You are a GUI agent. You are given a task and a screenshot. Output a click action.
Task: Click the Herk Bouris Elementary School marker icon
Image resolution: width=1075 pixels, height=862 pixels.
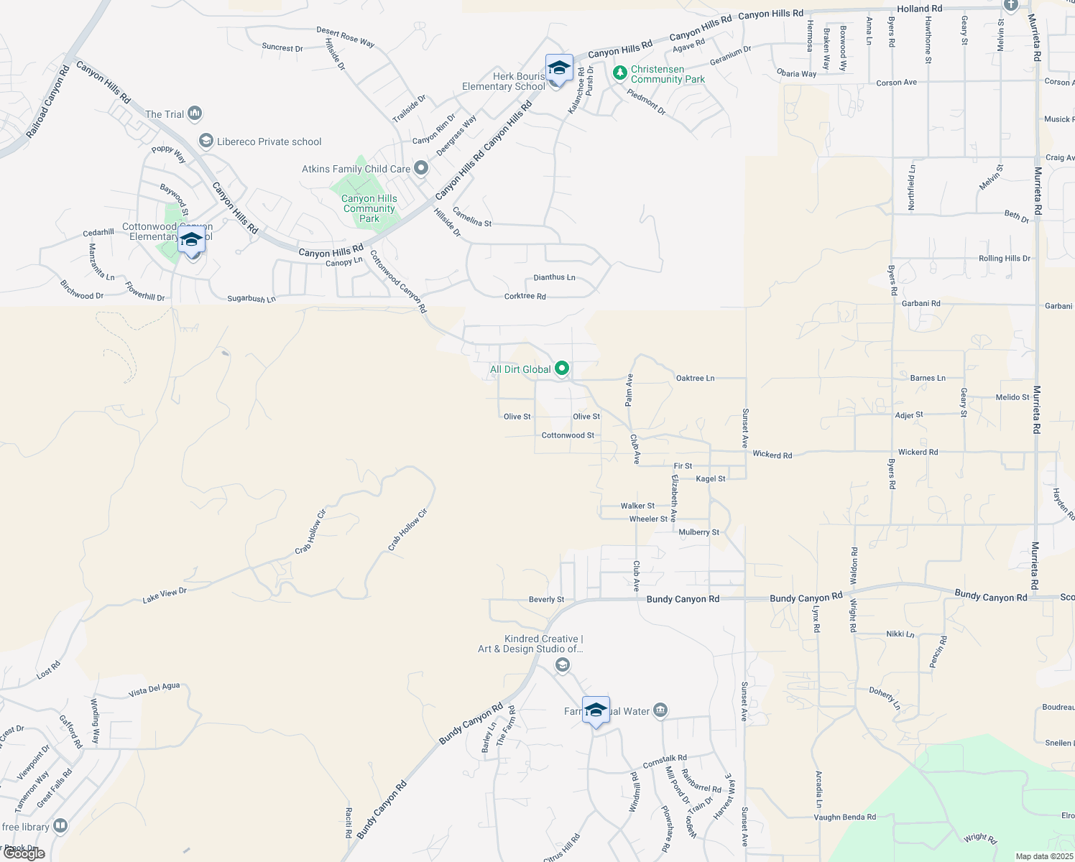[x=559, y=69]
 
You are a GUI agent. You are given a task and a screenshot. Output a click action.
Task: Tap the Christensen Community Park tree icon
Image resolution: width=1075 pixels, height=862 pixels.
[x=619, y=73]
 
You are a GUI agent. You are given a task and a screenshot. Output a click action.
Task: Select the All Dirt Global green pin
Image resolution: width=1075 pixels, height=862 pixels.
[x=562, y=369]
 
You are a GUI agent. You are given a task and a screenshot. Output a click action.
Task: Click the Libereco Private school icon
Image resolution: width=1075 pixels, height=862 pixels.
[x=206, y=141]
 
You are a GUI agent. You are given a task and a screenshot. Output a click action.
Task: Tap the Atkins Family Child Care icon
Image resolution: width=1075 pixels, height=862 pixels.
[x=421, y=169]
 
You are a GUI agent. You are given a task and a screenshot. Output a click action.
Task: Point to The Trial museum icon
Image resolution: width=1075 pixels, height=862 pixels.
[x=195, y=113]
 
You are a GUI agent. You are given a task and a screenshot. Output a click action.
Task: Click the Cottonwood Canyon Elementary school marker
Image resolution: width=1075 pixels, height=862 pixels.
[x=191, y=241]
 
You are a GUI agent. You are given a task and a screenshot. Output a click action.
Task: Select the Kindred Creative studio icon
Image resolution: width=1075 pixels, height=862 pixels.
[x=563, y=666]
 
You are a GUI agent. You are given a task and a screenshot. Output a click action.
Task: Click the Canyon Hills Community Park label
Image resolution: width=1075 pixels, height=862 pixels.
[x=369, y=208]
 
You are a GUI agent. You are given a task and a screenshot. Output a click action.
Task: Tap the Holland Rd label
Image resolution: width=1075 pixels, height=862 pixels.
[x=919, y=9]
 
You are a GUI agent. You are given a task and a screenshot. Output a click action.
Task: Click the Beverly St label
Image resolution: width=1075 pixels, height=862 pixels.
[x=546, y=599]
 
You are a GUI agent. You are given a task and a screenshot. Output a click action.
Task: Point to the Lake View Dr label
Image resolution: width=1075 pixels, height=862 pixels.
[x=165, y=595]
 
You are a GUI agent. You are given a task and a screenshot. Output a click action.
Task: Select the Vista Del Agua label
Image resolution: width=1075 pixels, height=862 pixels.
[x=154, y=690]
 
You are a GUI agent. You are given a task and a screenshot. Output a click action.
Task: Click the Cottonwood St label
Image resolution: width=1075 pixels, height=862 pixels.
[x=568, y=435]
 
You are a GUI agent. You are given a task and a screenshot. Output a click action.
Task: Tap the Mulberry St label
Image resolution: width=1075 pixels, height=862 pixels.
[x=699, y=532]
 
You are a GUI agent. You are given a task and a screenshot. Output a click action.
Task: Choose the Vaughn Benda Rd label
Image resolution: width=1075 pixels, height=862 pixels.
[x=844, y=817]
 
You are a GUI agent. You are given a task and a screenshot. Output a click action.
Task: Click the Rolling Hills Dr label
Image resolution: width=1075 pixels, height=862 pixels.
[x=1004, y=259]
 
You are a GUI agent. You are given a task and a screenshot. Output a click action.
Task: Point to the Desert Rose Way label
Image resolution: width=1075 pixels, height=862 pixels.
[x=346, y=37]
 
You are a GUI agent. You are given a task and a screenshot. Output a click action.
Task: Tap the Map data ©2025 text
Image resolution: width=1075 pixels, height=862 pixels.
[x=1044, y=856]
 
